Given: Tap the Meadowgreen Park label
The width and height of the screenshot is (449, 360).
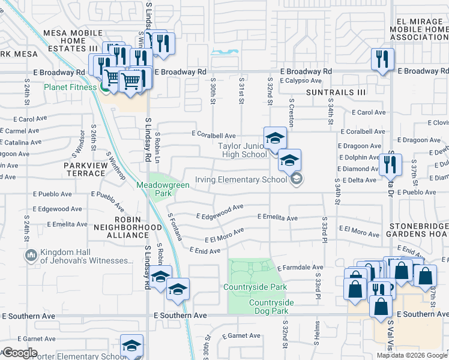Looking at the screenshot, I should pyautogui.click(x=163, y=189).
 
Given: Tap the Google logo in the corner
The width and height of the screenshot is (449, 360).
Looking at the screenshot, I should pyautogui.click(x=20, y=353).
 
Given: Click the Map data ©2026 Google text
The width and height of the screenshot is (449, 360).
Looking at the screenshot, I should pyautogui.click(x=412, y=355).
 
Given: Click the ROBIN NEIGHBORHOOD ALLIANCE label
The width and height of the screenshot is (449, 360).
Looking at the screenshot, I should pyautogui.click(x=127, y=232).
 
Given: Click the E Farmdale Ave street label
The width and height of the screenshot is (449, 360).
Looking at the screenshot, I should pyautogui.click(x=300, y=267).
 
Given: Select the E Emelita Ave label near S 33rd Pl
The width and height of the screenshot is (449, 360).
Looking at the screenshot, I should pyautogui.click(x=277, y=217).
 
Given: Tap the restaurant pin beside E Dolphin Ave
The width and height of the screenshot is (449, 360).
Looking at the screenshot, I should pyautogui.click(x=391, y=163).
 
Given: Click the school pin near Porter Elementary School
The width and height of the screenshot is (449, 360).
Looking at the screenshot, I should pyautogui.click(x=132, y=345).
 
